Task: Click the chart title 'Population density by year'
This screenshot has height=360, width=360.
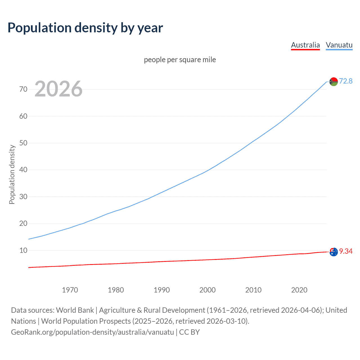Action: [x=85, y=28]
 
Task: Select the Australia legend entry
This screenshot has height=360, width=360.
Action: [x=305, y=45]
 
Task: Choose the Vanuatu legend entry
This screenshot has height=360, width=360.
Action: [x=339, y=45]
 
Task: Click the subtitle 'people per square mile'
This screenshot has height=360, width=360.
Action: [x=180, y=60]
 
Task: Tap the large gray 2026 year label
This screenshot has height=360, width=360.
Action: [x=58, y=89]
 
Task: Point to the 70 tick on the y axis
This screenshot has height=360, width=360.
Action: [x=23, y=89]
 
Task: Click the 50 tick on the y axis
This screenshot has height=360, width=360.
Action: [x=23, y=143]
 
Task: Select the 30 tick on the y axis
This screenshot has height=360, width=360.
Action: [x=23, y=197]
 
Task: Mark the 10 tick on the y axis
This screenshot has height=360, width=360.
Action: [x=23, y=250]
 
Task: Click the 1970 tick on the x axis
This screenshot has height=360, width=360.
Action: [x=70, y=290]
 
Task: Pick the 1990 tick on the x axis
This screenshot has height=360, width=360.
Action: [x=162, y=290]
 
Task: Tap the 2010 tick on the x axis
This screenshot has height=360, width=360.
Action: [x=253, y=290]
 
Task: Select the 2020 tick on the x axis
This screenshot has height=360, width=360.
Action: [x=299, y=290]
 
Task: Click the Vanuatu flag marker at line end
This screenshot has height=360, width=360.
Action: [x=334, y=82]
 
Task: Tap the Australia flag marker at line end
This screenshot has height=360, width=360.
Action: [x=334, y=252]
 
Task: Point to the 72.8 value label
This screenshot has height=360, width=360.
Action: [x=346, y=81]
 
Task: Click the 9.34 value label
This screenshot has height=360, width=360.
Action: [x=346, y=251]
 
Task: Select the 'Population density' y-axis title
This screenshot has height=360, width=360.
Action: [x=12, y=174]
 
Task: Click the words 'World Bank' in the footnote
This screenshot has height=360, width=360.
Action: [x=75, y=310]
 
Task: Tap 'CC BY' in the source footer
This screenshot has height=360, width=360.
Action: [x=189, y=332]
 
